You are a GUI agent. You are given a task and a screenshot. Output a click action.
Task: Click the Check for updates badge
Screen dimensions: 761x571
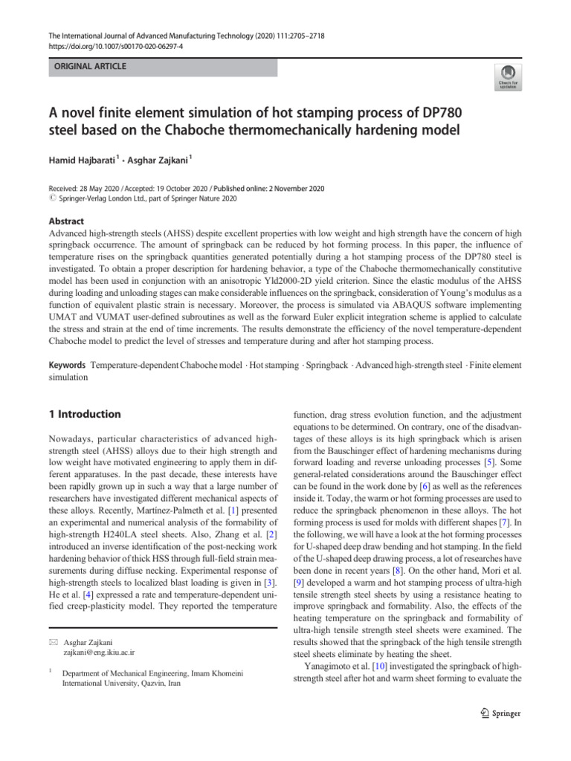point(508,75)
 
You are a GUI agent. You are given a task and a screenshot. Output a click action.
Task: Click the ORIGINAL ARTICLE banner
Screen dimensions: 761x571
point(89,67)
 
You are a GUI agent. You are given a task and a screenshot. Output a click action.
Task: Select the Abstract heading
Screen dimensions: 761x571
point(66,221)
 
